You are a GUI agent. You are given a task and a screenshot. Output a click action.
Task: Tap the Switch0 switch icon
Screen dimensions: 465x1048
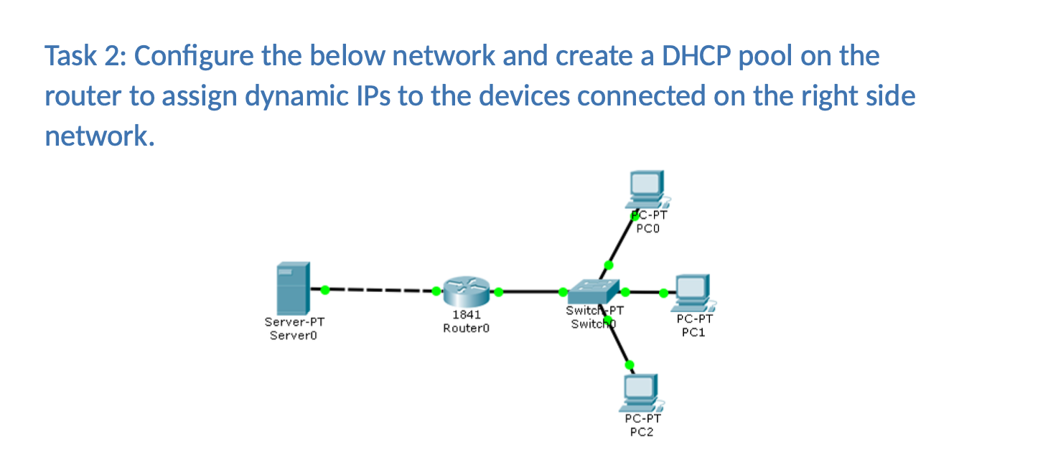[x=593, y=291]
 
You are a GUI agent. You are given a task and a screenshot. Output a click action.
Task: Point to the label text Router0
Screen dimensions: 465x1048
[x=466, y=327]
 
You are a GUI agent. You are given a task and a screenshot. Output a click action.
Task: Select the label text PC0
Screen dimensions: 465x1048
[x=647, y=230]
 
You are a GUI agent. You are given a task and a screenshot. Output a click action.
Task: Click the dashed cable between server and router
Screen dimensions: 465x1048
[x=380, y=291]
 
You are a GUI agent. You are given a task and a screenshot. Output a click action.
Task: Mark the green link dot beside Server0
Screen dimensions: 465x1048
[x=325, y=290]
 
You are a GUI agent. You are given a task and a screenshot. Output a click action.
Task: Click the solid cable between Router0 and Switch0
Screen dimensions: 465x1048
[x=531, y=292]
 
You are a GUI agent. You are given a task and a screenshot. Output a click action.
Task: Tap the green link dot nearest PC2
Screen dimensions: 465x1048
[x=630, y=365]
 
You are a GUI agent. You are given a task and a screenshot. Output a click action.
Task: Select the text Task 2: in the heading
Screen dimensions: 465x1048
[x=85, y=56]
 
